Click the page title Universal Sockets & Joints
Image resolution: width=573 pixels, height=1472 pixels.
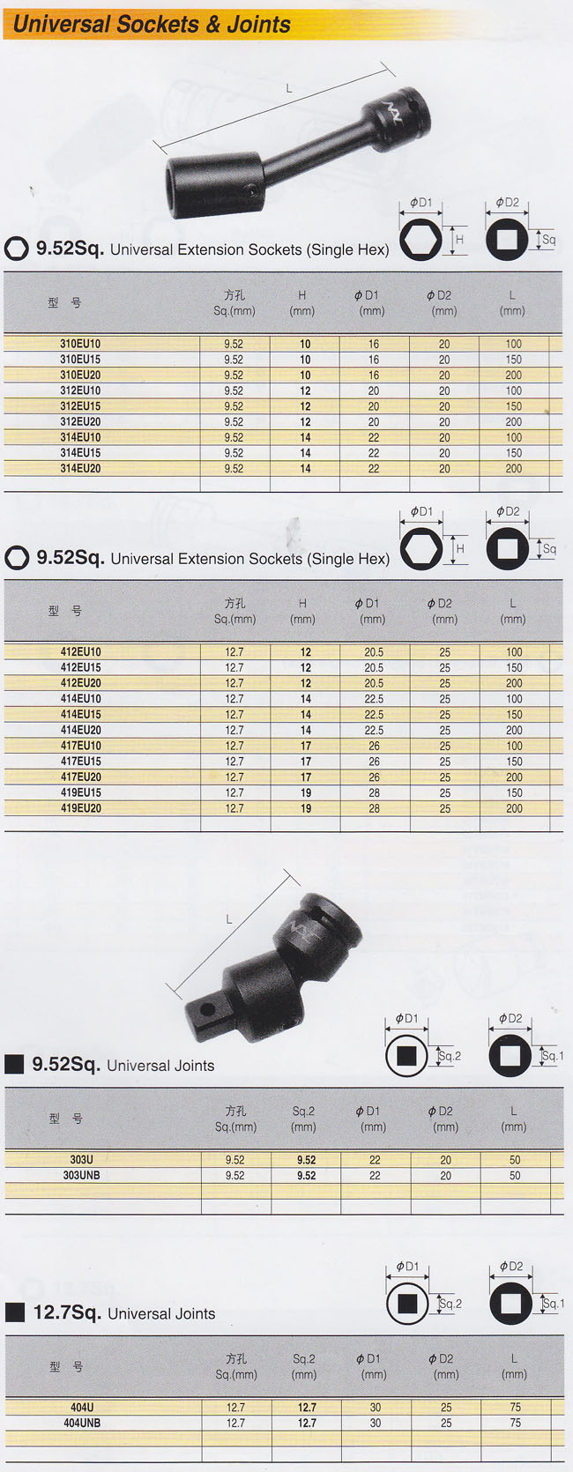152,25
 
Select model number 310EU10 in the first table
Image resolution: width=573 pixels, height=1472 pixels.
80,344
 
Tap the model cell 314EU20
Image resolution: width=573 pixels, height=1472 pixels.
80,469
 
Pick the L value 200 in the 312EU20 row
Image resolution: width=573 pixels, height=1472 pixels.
514,422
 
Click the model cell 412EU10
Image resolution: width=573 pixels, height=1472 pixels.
81,652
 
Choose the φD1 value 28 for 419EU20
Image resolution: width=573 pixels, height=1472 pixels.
374,808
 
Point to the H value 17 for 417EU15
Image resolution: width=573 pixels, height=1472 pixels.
306,762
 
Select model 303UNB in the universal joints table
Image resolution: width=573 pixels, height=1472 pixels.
81,1175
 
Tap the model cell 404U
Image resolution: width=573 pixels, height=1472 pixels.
82,1407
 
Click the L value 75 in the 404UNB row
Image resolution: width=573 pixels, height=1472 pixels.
515,1423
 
